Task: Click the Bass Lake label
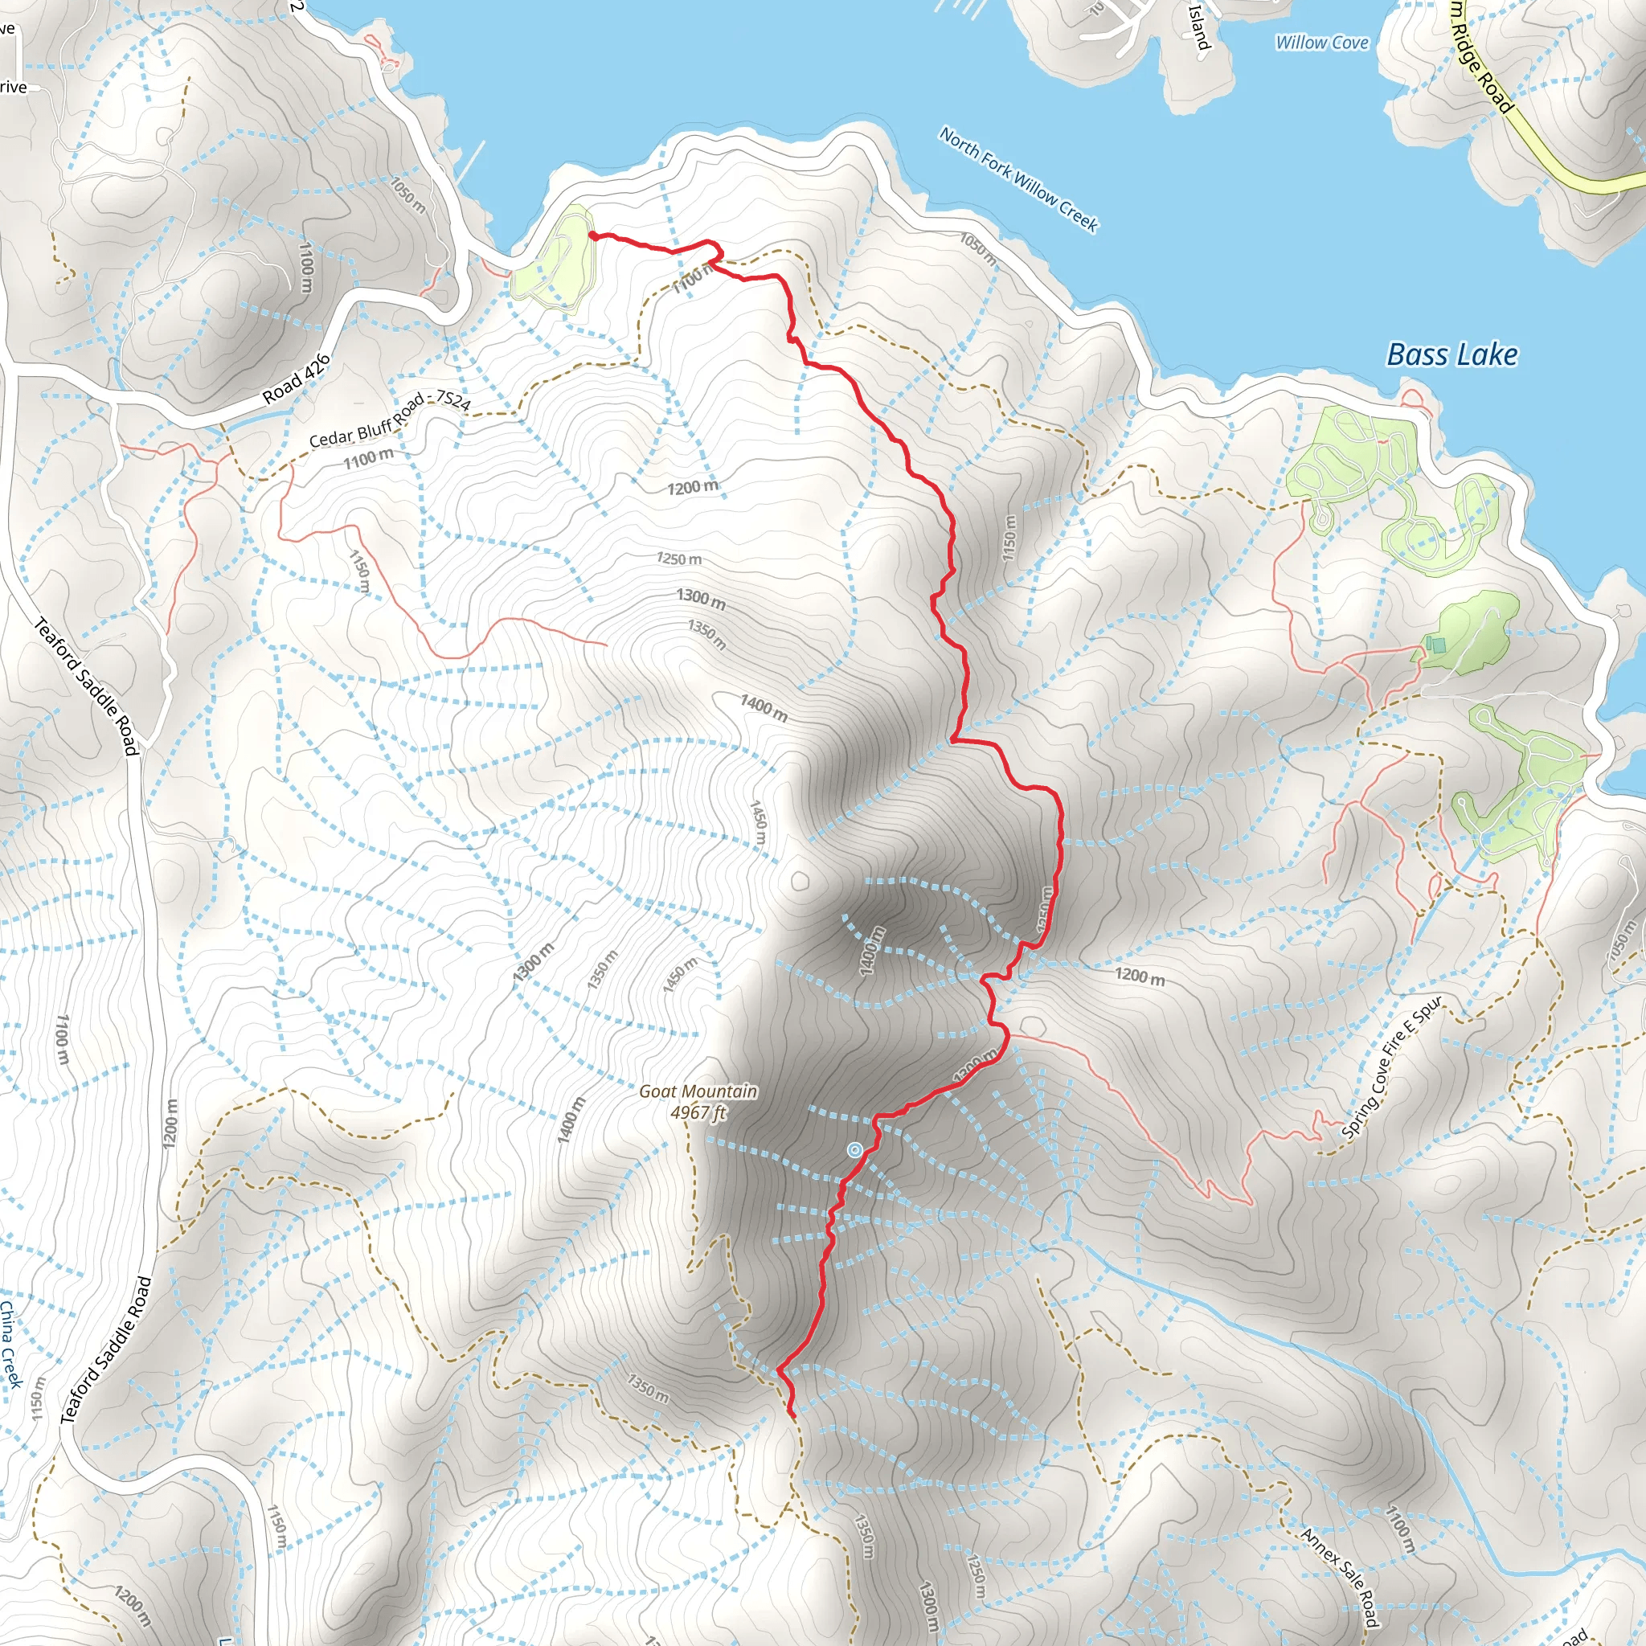pyautogui.click(x=1452, y=354)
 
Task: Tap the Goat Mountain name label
pyautogui.click(x=698, y=1091)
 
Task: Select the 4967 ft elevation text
pyautogui.click(x=698, y=1112)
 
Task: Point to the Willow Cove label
pyautogui.click(x=1321, y=43)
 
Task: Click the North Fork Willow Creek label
pyautogui.click(x=1019, y=179)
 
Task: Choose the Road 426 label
pyautogui.click(x=296, y=379)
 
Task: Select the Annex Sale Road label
pyautogui.click(x=1338, y=1576)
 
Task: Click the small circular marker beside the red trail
pyautogui.click(x=854, y=1151)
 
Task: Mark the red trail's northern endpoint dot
pyautogui.click(x=592, y=235)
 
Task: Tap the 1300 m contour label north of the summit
pyautogui.click(x=701, y=599)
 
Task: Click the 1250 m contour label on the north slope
pyautogui.click(x=679, y=559)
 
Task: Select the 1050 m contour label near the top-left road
pyautogui.click(x=408, y=195)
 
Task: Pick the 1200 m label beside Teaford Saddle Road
pyautogui.click(x=170, y=1123)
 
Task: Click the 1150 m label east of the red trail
pyautogui.click(x=1009, y=538)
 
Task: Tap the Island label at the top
pyautogui.click(x=1198, y=27)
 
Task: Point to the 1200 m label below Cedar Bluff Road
pyautogui.click(x=692, y=487)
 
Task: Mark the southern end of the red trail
pyautogui.click(x=792, y=1415)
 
